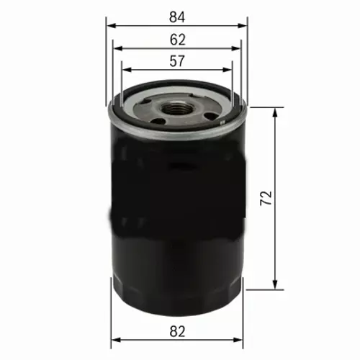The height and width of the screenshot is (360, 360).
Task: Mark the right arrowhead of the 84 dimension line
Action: coord(245,24)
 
